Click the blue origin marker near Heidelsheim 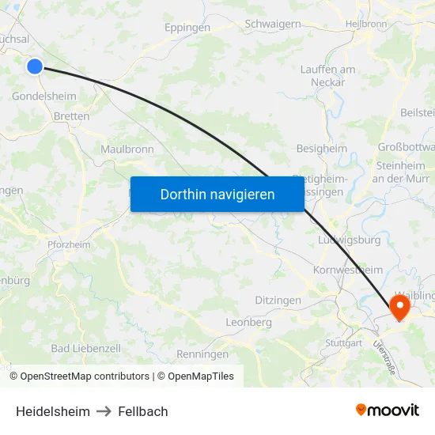click(x=34, y=66)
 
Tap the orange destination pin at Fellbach click(x=400, y=307)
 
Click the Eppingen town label click(x=187, y=28)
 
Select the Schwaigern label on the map click(x=273, y=24)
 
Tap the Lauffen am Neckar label click(x=327, y=75)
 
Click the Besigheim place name click(x=321, y=148)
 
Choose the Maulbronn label click(x=127, y=149)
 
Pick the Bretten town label click(x=71, y=116)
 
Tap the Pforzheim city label click(x=69, y=244)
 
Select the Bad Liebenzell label click(x=85, y=348)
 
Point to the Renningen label click(x=202, y=354)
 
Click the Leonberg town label click(x=248, y=323)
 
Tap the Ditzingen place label click(x=278, y=301)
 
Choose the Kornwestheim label click(x=348, y=270)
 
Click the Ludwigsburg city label click(x=348, y=240)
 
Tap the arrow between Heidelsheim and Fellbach click(x=104, y=411)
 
